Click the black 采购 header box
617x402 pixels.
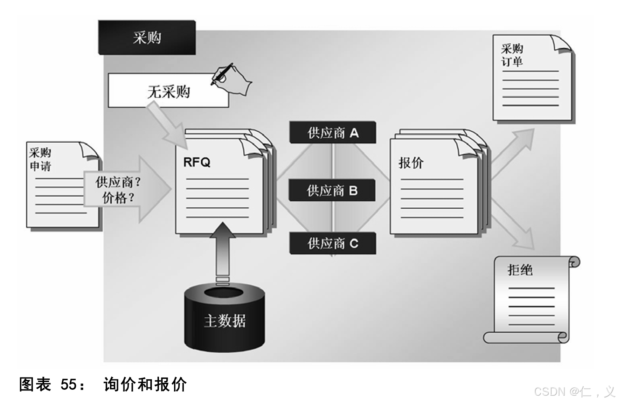pos(147,37)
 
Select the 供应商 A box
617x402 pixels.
pos(333,133)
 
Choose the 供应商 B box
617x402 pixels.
pos(332,190)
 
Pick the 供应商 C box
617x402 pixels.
pos(333,243)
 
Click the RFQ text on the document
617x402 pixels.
pos(197,162)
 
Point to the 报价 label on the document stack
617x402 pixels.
pos(411,163)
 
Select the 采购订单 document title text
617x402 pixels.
pos(512,55)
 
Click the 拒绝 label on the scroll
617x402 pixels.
pos(520,270)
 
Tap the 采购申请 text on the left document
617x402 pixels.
pos(40,159)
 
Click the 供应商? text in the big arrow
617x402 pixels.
pos(118,182)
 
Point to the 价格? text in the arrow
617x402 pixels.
pos(118,198)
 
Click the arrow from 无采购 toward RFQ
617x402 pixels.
pos(168,126)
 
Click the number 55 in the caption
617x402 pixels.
pos(68,384)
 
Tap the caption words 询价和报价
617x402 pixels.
pos(145,384)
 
